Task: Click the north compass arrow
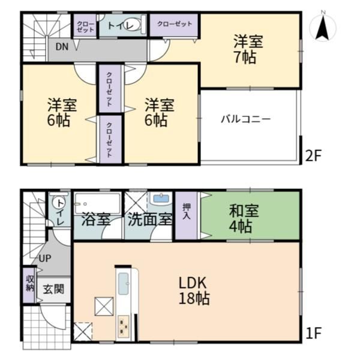(323, 28)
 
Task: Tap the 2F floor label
(313, 155)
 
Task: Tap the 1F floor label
(313, 333)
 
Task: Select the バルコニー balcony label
(245, 119)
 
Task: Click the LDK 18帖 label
(194, 290)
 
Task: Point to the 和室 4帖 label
(244, 218)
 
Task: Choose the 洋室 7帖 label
(248, 49)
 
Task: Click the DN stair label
(62, 47)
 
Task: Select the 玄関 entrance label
(54, 289)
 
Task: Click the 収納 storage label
(29, 283)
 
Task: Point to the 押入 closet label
(187, 211)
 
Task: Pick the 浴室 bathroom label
(96, 220)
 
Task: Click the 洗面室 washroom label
(149, 220)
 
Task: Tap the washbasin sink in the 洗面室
(160, 199)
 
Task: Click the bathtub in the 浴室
(97, 203)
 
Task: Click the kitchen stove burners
(124, 325)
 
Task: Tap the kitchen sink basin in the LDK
(123, 284)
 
